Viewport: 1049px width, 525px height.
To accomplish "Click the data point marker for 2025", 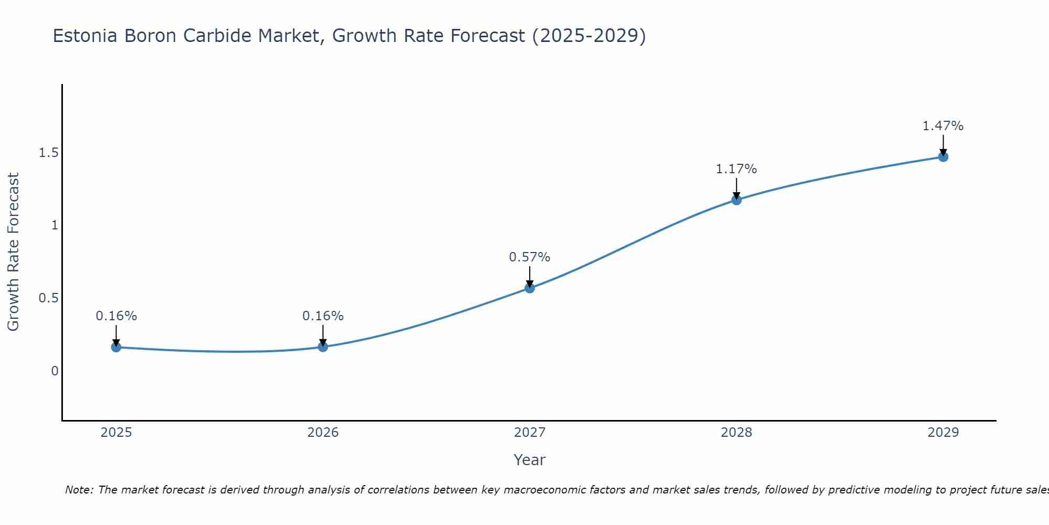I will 116,347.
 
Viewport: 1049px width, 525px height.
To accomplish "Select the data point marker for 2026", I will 323,346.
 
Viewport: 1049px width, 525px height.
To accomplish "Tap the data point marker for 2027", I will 530,288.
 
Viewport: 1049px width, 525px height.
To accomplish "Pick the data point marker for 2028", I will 736,199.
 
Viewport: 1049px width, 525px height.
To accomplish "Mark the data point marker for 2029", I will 943,156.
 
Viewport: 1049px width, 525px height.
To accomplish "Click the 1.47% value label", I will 943,126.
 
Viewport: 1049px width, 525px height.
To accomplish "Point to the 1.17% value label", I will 736,169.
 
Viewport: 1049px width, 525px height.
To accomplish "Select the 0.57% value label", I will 530,257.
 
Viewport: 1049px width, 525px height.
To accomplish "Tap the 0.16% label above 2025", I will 116,316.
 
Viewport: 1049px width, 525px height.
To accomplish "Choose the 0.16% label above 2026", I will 323,316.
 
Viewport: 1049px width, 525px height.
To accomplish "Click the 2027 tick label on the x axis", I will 530,433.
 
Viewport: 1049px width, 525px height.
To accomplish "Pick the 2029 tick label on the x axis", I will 943,433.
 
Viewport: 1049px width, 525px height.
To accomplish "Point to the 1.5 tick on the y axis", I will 48,153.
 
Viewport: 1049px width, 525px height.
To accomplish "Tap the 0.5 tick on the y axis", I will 48,298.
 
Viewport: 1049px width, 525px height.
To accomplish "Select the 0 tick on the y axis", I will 55,371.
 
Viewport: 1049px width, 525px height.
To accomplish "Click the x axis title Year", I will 530,460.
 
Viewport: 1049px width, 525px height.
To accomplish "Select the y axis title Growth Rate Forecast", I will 13,252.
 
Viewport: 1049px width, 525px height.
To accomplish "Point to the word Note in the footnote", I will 79,490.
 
